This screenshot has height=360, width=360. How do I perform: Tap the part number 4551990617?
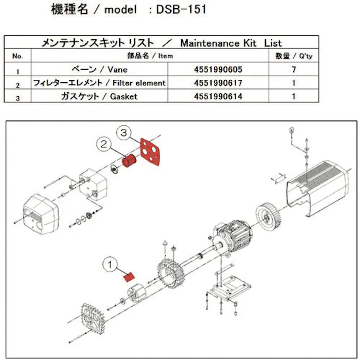218,82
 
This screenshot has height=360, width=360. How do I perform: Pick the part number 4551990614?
218,95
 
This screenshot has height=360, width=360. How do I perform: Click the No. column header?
18,56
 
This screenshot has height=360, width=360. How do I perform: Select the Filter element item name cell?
99,82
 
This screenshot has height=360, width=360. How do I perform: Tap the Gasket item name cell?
99,95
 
